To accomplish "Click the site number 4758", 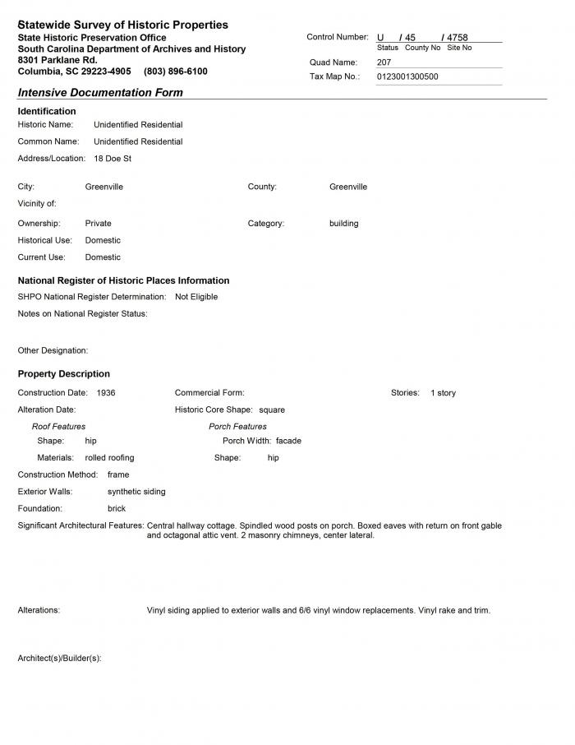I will (458, 37).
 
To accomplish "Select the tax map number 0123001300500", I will (407, 76).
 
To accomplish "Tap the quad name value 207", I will (384, 62).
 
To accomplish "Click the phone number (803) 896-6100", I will (175, 72).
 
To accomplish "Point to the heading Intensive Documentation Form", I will (100, 93).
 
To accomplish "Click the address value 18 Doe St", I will (113, 158).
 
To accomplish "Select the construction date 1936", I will (106, 393).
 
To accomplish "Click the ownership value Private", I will (98, 223).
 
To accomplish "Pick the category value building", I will (343, 223).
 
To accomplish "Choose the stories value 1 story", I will (443, 393).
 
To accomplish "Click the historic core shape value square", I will (272, 410).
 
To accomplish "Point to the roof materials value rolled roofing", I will (109, 457).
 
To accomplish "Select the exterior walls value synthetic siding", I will (136, 492).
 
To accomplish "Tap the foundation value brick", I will (117, 508).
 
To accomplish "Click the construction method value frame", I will (118, 474).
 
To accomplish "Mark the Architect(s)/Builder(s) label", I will (59, 659).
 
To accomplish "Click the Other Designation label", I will (53, 350).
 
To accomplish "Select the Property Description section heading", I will (63, 374).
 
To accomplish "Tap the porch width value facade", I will (288, 441).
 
